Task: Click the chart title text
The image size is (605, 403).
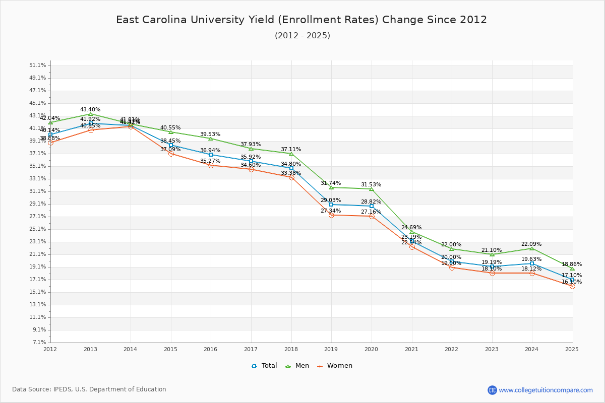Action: pyautogui.click(x=301, y=20)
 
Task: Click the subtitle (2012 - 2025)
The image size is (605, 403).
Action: pyautogui.click(x=302, y=36)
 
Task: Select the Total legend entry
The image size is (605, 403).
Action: pyautogui.click(x=264, y=366)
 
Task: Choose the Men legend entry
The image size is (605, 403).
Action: pyautogui.click(x=297, y=366)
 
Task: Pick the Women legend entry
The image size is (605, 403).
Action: pyautogui.click(x=334, y=366)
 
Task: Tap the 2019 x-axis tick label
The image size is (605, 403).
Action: pyautogui.click(x=331, y=349)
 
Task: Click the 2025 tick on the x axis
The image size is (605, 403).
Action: pyautogui.click(x=572, y=349)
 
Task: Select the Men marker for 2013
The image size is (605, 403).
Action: pyautogui.click(x=91, y=114)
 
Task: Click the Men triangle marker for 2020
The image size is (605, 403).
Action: pyautogui.click(x=372, y=189)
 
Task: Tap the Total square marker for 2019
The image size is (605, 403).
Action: pyautogui.click(x=331, y=205)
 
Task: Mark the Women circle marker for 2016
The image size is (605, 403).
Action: pyautogui.click(x=211, y=165)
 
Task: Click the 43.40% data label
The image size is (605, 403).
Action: pyautogui.click(x=90, y=109)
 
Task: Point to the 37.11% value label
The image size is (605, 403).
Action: pyautogui.click(x=291, y=150)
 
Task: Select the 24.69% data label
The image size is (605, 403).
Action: pyautogui.click(x=411, y=228)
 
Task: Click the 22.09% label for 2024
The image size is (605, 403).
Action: pyautogui.click(x=531, y=244)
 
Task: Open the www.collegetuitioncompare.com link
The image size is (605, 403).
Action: pyautogui.click(x=546, y=390)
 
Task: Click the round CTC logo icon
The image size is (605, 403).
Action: pyautogui.click(x=492, y=390)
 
